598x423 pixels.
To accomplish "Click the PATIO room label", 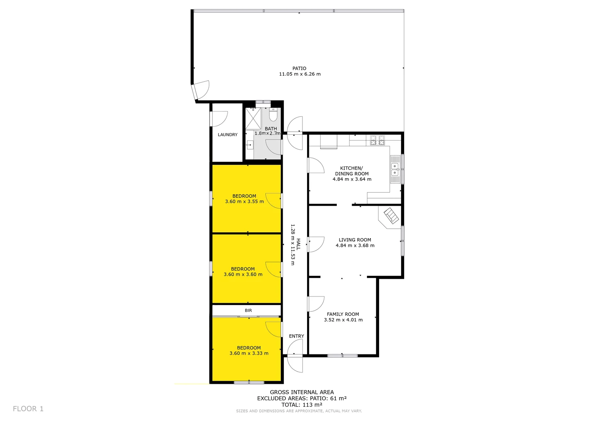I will click(299, 69).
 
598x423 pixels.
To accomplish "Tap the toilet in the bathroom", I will click(273, 115).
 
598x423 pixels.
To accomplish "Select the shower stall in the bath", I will click(253, 119).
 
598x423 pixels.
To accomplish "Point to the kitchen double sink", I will click(395, 169).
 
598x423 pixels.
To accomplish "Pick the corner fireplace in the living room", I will click(391, 216).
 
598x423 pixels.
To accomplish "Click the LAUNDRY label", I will click(228, 135).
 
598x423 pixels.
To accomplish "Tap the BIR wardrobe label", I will click(248, 311).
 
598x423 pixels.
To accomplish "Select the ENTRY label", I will click(296, 336).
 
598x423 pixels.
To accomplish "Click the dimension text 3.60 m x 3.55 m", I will click(244, 202).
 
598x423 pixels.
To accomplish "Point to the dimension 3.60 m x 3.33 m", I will click(249, 353).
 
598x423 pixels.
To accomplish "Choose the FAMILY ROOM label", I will click(343, 314).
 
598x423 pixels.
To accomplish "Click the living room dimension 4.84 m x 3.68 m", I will click(355, 246).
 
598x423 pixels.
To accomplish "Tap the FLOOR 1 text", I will click(28, 409).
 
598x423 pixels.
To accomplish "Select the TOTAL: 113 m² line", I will click(302, 405).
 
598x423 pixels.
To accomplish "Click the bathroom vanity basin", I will click(249, 145).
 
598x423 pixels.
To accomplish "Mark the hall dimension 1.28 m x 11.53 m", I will click(293, 245).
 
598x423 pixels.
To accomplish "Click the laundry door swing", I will click(219, 119).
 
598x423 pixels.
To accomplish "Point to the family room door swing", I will click(316, 304).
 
